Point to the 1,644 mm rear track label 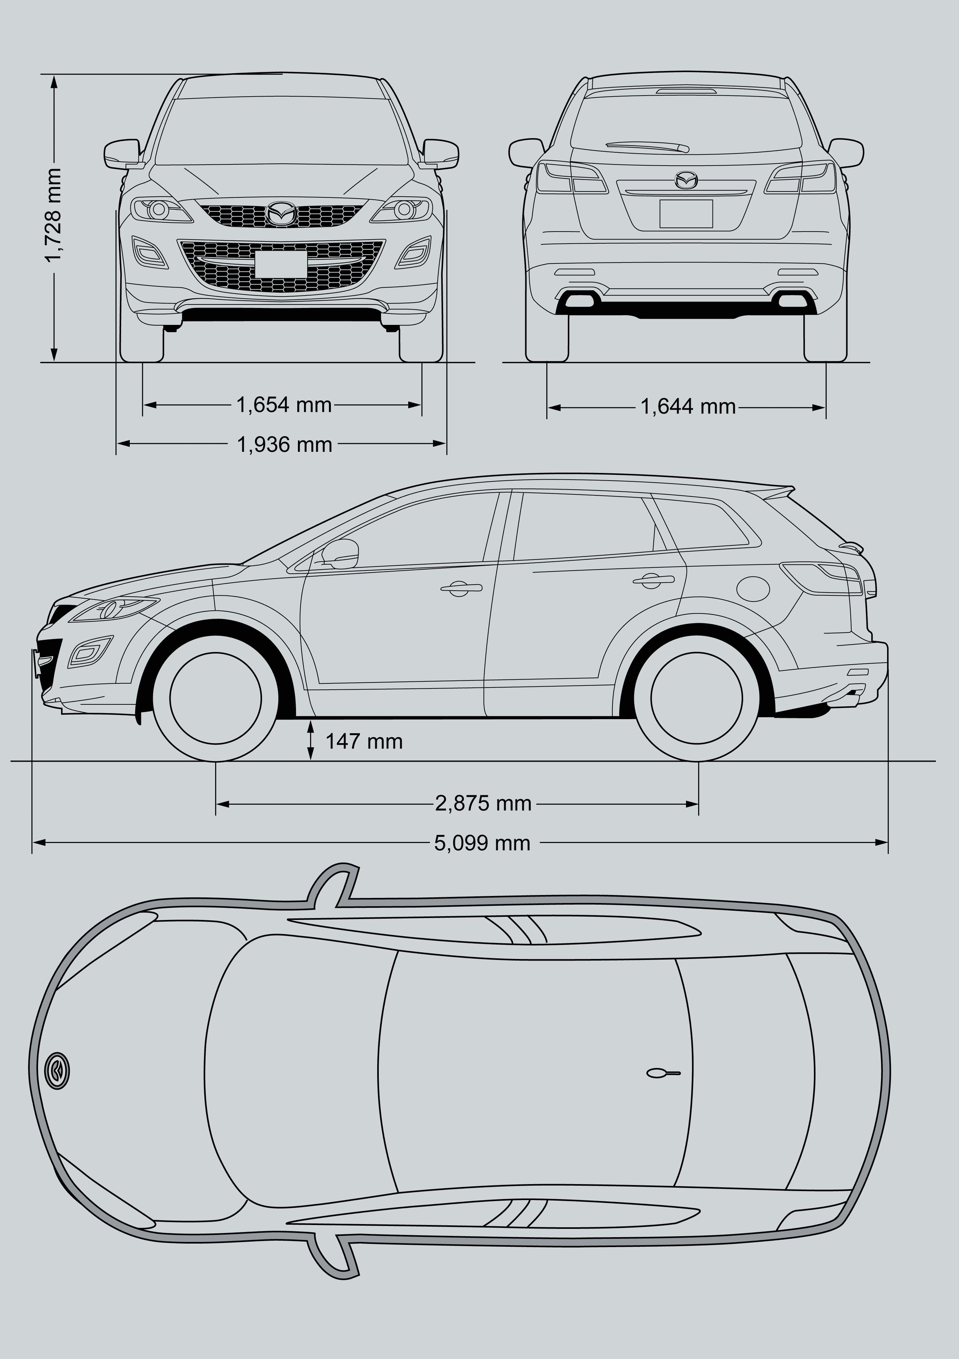(688, 407)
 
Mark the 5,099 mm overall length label (482, 843)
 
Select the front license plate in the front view (281, 264)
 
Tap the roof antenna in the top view (663, 1072)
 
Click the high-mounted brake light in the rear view (686, 91)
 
